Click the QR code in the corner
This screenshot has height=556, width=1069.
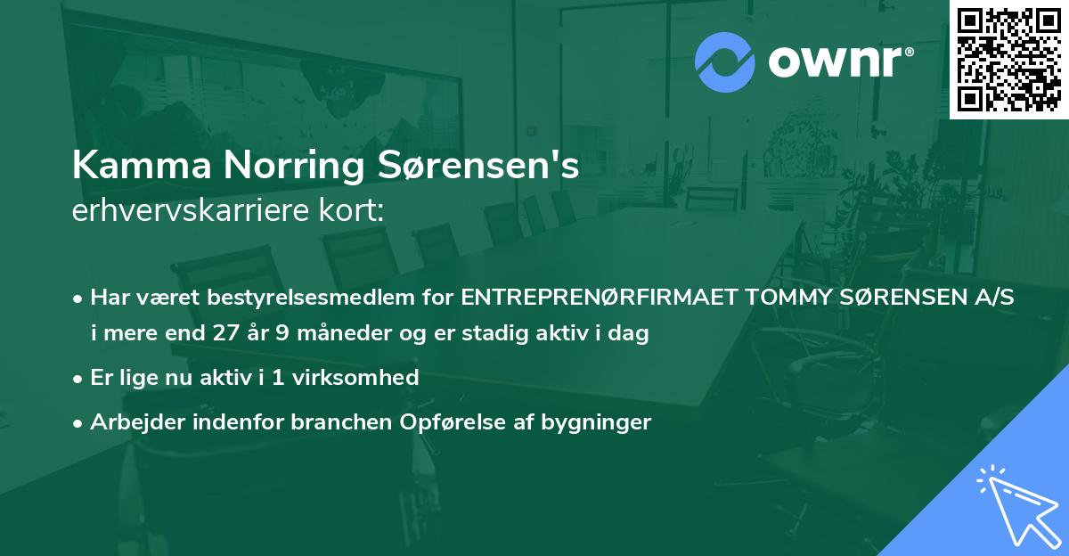[1008, 59]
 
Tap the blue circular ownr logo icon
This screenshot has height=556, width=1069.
[724, 62]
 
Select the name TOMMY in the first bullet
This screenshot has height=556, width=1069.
[789, 298]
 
